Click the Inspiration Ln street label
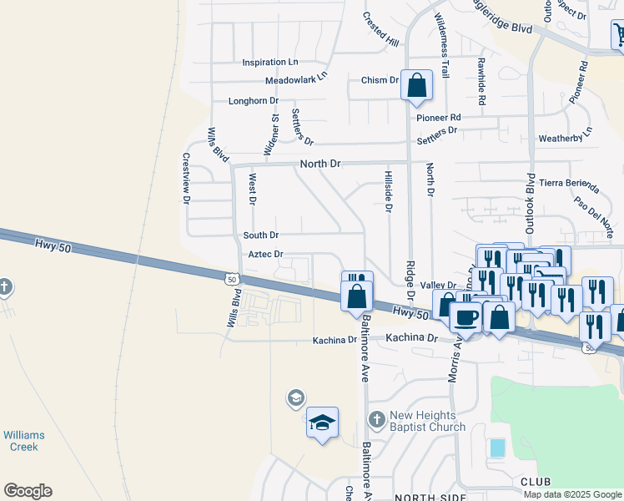point(269,63)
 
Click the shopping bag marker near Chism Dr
point(416,85)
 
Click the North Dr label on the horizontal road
point(320,164)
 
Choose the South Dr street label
point(260,235)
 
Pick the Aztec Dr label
point(265,254)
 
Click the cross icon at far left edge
point(5,288)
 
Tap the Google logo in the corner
point(28,491)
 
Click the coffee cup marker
point(465,316)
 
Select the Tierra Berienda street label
point(569,183)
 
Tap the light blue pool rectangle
point(497,448)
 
